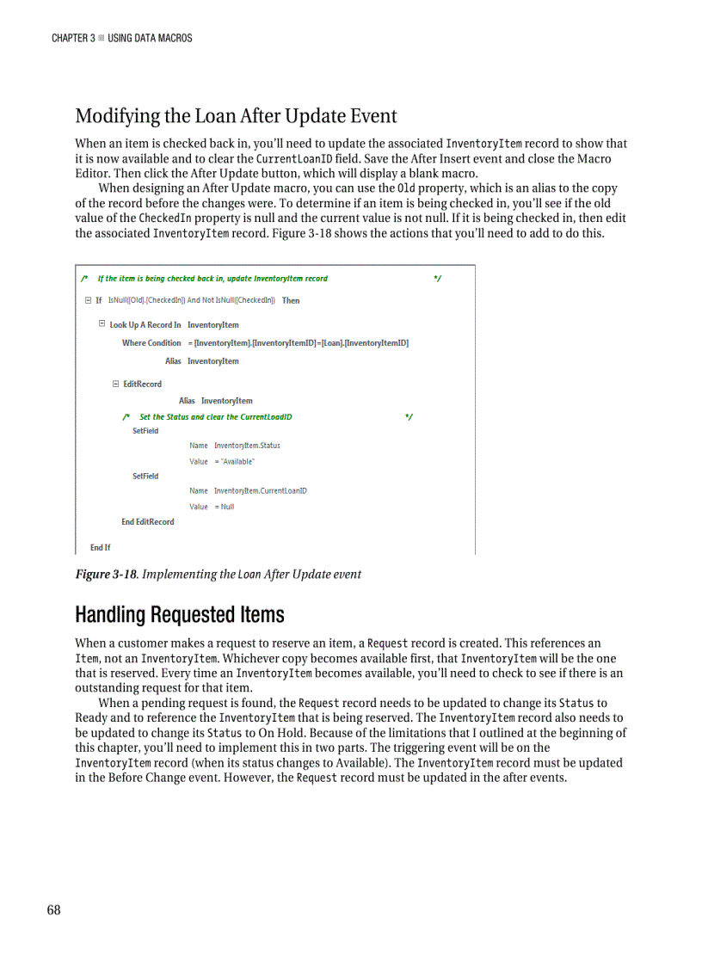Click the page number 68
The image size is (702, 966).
[x=54, y=911]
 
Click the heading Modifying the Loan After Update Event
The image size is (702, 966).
[x=236, y=115]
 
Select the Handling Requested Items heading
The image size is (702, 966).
[x=179, y=614]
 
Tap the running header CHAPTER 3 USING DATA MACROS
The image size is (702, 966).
[x=121, y=38]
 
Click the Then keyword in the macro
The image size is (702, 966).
[x=291, y=300]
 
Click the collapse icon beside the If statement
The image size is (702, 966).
[x=88, y=300]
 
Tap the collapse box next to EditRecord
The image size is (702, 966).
[x=115, y=384]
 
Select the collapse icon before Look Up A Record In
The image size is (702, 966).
[x=102, y=324]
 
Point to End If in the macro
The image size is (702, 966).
[x=100, y=547]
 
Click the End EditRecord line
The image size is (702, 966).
[x=147, y=521]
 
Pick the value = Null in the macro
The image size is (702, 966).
[x=212, y=507]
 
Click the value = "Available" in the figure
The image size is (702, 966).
[x=222, y=461]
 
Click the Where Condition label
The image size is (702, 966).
[x=151, y=342]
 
